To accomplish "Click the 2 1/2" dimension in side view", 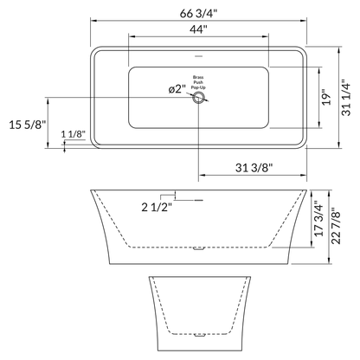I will click(156, 206).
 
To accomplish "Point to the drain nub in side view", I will click(200, 249).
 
